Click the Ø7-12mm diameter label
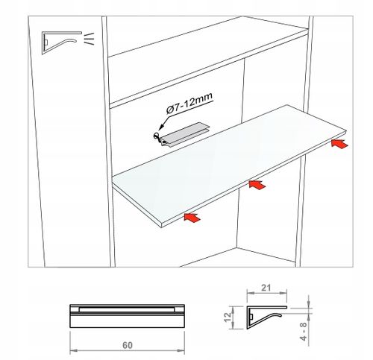[x=189, y=103]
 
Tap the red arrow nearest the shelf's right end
[x=339, y=144]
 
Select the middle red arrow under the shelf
[x=257, y=185]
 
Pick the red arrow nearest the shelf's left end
[x=192, y=218]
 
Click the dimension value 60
[x=128, y=345]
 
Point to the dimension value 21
[x=266, y=288]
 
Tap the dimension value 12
[x=228, y=318]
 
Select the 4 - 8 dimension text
[x=304, y=332]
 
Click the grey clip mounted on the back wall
[x=184, y=135]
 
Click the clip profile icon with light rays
[x=62, y=42]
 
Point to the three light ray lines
[x=89, y=39]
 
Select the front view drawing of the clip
[x=127, y=316]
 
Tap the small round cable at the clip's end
[x=157, y=136]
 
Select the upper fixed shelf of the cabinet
[x=208, y=62]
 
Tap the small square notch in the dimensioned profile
[x=251, y=317]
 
